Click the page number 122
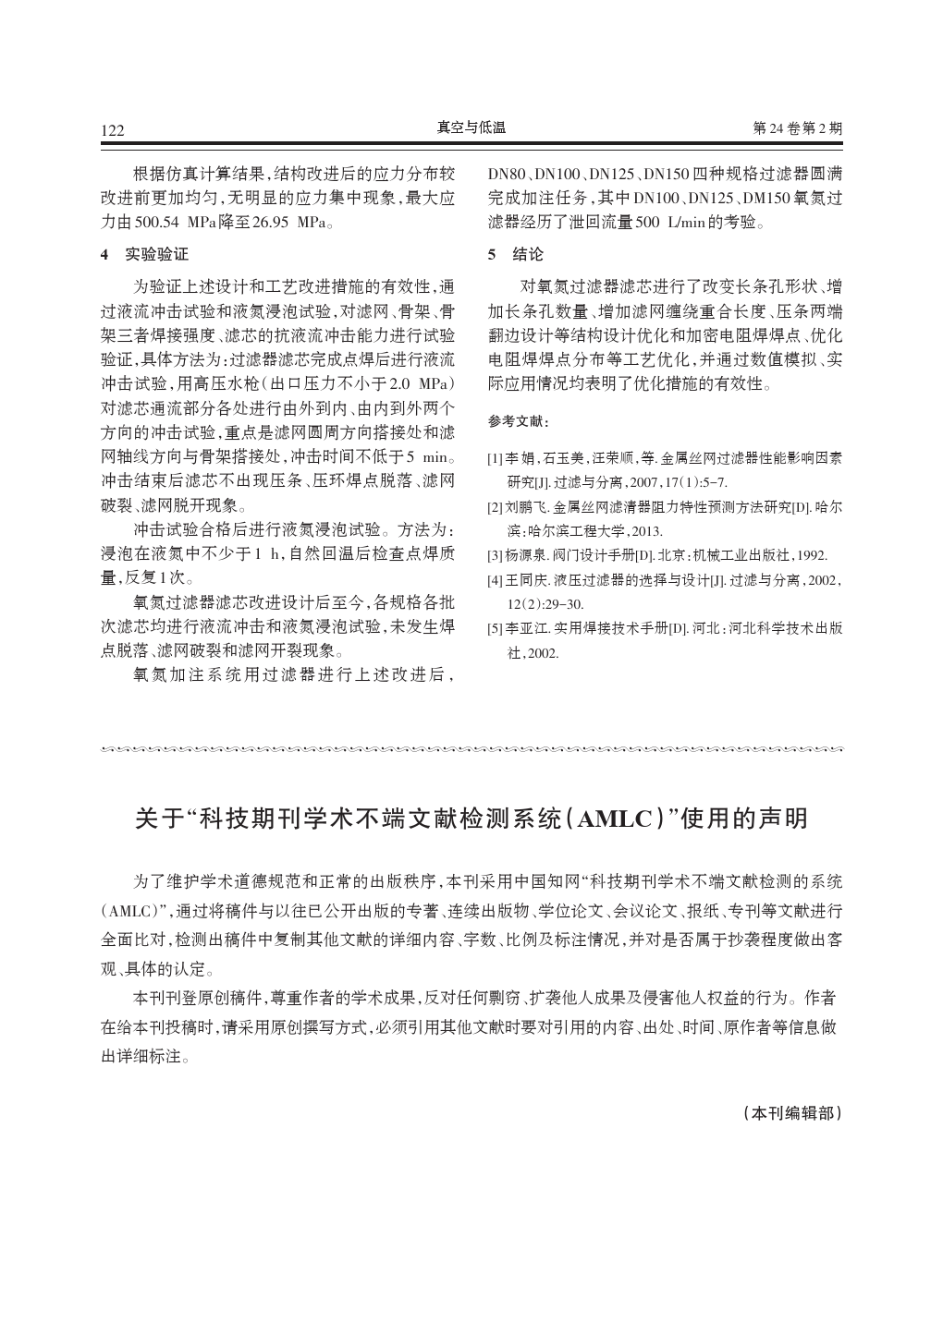112,130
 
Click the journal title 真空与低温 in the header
471,128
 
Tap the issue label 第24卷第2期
798,129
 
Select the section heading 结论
529,254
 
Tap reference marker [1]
495,457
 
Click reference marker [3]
495,555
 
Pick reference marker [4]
495,580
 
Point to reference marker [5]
495,629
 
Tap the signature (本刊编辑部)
793,1113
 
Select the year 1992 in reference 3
810,555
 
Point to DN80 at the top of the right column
507,174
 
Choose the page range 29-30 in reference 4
557,604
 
